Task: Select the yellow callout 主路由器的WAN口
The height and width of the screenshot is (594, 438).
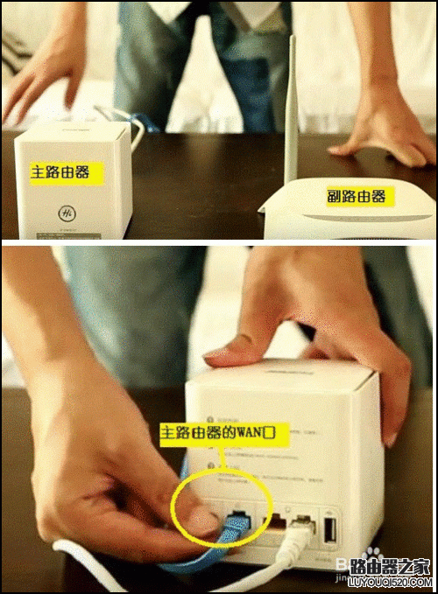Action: (215, 432)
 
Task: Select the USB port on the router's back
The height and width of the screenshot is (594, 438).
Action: (331, 532)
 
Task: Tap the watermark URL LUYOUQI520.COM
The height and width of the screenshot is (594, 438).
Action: (386, 582)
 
